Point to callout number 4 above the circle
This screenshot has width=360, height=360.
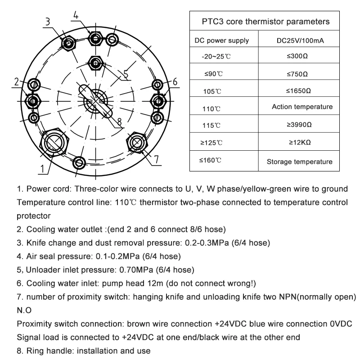(76, 14)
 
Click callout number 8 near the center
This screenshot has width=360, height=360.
(119, 121)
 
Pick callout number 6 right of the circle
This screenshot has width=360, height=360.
(175, 81)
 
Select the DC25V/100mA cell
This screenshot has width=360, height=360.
(300, 40)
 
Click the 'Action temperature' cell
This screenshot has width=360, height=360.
(302, 107)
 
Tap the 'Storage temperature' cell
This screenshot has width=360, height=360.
(300, 162)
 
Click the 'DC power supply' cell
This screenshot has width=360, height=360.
(221, 40)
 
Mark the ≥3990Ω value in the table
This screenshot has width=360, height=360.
(300, 124)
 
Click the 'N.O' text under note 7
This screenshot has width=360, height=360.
(24, 311)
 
